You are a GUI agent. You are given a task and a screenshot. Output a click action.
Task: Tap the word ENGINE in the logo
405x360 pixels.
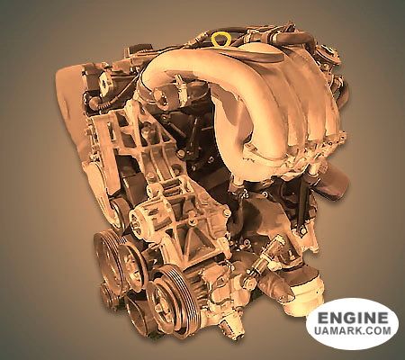coord(353,318)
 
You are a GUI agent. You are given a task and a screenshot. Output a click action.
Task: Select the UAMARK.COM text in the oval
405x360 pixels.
coord(353,330)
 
